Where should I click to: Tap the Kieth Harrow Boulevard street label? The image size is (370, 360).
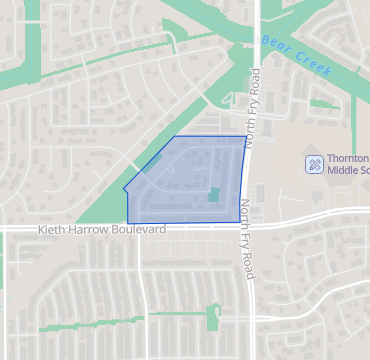point(102,229)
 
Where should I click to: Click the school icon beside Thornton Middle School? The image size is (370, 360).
point(313,163)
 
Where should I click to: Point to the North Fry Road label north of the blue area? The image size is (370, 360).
point(255,107)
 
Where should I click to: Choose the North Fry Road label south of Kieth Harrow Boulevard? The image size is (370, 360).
point(246,239)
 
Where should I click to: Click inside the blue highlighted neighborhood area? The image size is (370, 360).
point(185,185)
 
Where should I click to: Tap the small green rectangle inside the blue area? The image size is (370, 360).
point(213,194)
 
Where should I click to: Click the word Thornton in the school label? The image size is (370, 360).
point(347,158)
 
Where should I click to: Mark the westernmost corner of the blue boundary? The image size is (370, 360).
point(124,189)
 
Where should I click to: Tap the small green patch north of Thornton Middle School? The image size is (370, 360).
point(322,102)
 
